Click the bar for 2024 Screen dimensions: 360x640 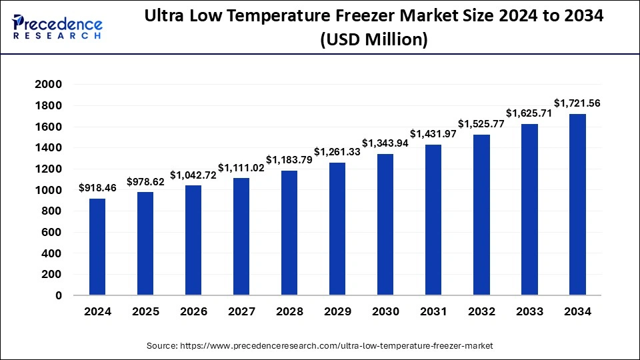click(97, 247)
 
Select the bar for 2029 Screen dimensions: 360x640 click(337, 229)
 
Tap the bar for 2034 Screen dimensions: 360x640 click(577, 205)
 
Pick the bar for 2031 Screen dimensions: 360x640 click(433, 220)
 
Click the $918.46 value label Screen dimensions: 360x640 click(97, 188)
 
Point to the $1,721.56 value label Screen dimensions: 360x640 click(577, 103)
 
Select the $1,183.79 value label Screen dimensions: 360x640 click(289, 160)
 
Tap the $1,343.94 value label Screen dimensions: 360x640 click(385, 143)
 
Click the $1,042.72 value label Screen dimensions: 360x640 click(193, 175)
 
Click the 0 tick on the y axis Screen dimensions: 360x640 click(58, 295)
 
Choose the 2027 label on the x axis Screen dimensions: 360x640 click(241, 311)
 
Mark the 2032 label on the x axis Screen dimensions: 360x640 click(481, 311)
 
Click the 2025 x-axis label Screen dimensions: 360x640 click(145, 311)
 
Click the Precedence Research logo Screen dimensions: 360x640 click(58, 27)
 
